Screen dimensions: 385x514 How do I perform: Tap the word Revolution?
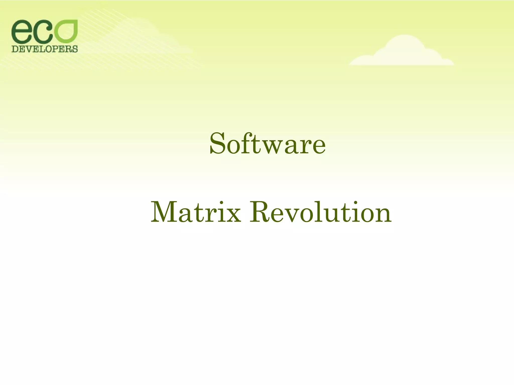pyautogui.click(x=320, y=213)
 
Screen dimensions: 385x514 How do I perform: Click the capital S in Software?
pyautogui.click(x=217, y=143)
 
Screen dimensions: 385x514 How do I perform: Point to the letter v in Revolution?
pyautogui.click(x=296, y=216)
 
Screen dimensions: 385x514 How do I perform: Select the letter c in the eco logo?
pyautogui.click(x=43, y=33)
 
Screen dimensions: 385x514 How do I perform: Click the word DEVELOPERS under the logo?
pyautogui.click(x=45, y=49)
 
